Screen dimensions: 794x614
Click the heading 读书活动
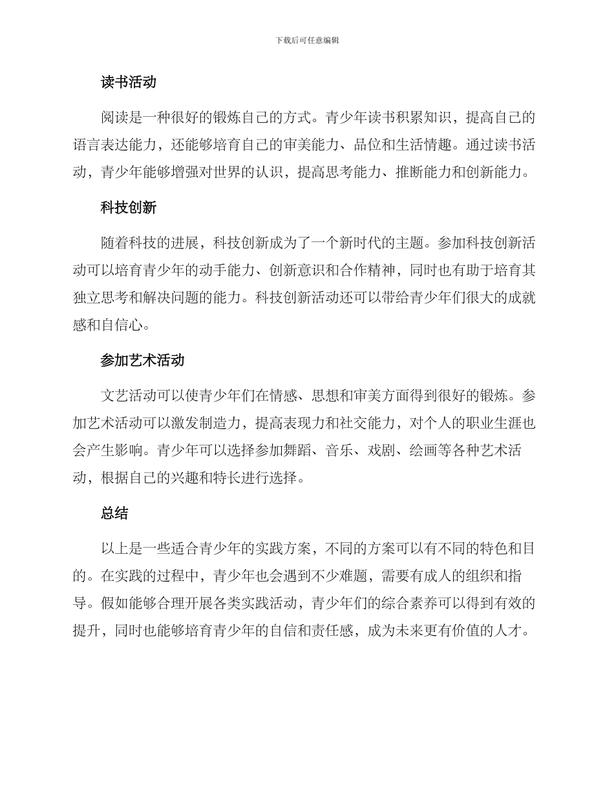pos(129,83)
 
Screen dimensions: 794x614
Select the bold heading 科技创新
pos(129,209)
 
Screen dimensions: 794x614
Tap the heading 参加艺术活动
pos(142,360)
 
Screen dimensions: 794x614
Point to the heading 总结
pos(114,513)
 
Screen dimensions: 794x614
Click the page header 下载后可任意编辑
pos(307,40)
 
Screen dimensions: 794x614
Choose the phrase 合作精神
pos(381,271)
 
